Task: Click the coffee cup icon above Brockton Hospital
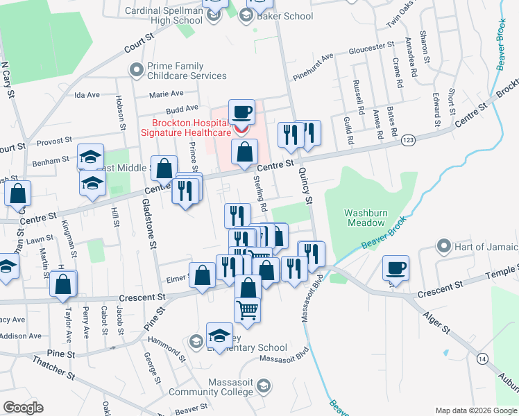click(x=241, y=112)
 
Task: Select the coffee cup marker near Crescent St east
click(x=395, y=268)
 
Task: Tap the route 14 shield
click(x=482, y=358)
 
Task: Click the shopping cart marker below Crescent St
click(x=248, y=309)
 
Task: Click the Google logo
click(x=23, y=408)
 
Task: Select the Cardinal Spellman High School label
click(x=164, y=15)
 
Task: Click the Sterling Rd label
click(x=260, y=196)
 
